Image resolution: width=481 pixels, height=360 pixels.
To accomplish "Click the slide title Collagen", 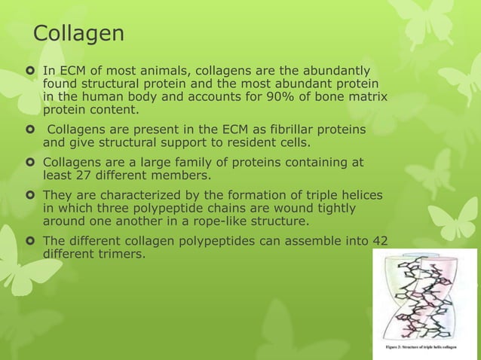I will (78, 35).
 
